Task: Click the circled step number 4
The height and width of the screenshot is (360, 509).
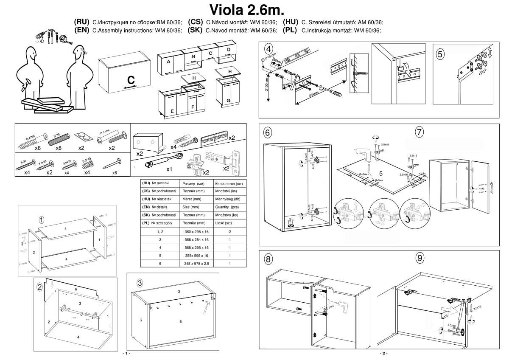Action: tap(268, 48)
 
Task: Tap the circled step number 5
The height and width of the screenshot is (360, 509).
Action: tap(440, 54)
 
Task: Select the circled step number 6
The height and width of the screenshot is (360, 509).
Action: tap(268, 132)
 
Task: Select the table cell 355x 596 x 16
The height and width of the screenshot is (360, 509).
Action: tap(196, 256)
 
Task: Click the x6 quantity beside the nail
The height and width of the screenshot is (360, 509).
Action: tap(114, 173)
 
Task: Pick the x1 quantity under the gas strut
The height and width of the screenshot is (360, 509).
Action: tap(169, 169)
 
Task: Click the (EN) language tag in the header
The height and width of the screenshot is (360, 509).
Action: tap(81, 30)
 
